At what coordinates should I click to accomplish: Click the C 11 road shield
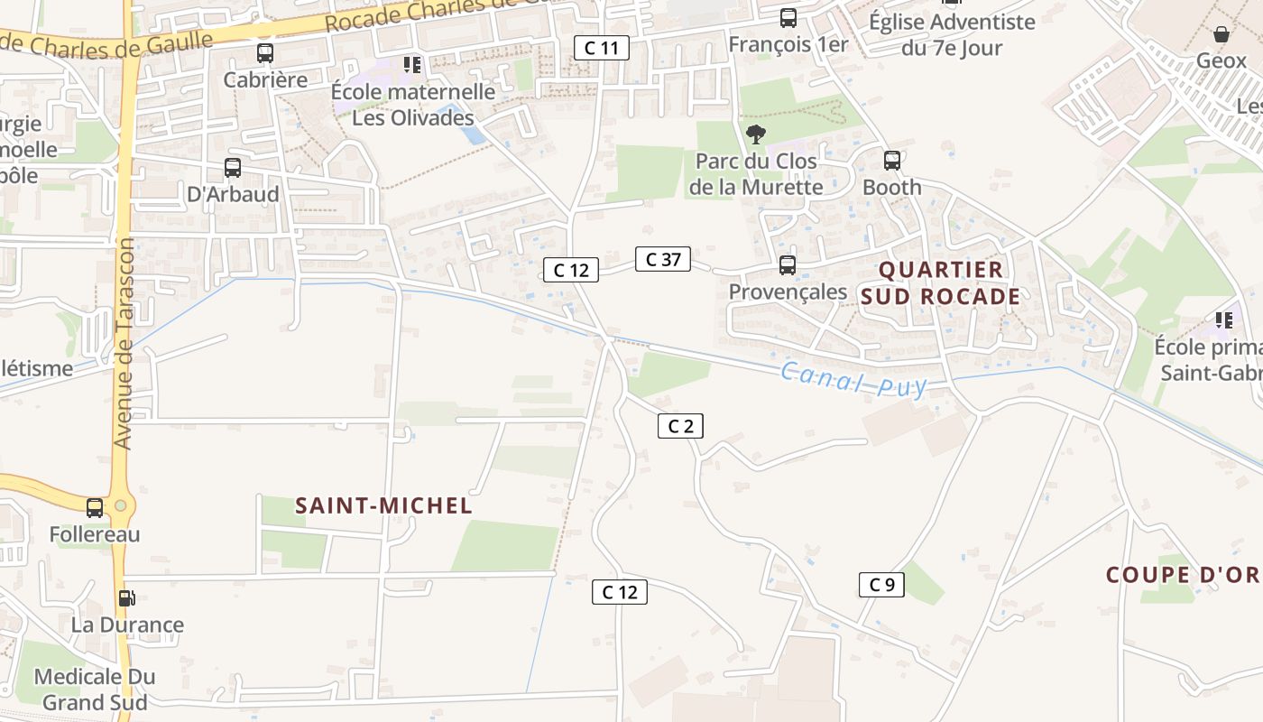[x=602, y=48]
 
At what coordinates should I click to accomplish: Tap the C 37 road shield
[x=663, y=260]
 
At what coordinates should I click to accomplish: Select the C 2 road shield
[x=680, y=426]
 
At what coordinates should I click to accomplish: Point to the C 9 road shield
[x=881, y=585]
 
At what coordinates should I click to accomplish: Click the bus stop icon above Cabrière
[x=264, y=53]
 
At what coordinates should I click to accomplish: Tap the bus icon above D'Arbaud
[x=232, y=168]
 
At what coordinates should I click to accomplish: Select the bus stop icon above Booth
[x=892, y=161]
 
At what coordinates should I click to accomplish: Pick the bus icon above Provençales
[x=788, y=265]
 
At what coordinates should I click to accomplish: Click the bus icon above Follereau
[x=95, y=508]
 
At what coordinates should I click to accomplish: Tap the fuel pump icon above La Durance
[x=127, y=597]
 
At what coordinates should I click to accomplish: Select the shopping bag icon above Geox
[x=1222, y=35]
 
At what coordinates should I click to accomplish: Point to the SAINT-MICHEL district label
[x=384, y=506]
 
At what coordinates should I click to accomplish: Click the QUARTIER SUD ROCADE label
[x=940, y=282]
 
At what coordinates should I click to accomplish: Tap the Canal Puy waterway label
[x=853, y=379]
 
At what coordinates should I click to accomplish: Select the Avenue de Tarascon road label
[x=124, y=343]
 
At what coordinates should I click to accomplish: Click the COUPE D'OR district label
[x=1183, y=575]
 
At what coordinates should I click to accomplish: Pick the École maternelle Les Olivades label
[x=413, y=105]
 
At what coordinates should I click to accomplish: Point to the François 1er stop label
[x=788, y=43]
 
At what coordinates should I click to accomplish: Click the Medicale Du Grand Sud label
[x=95, y=689]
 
